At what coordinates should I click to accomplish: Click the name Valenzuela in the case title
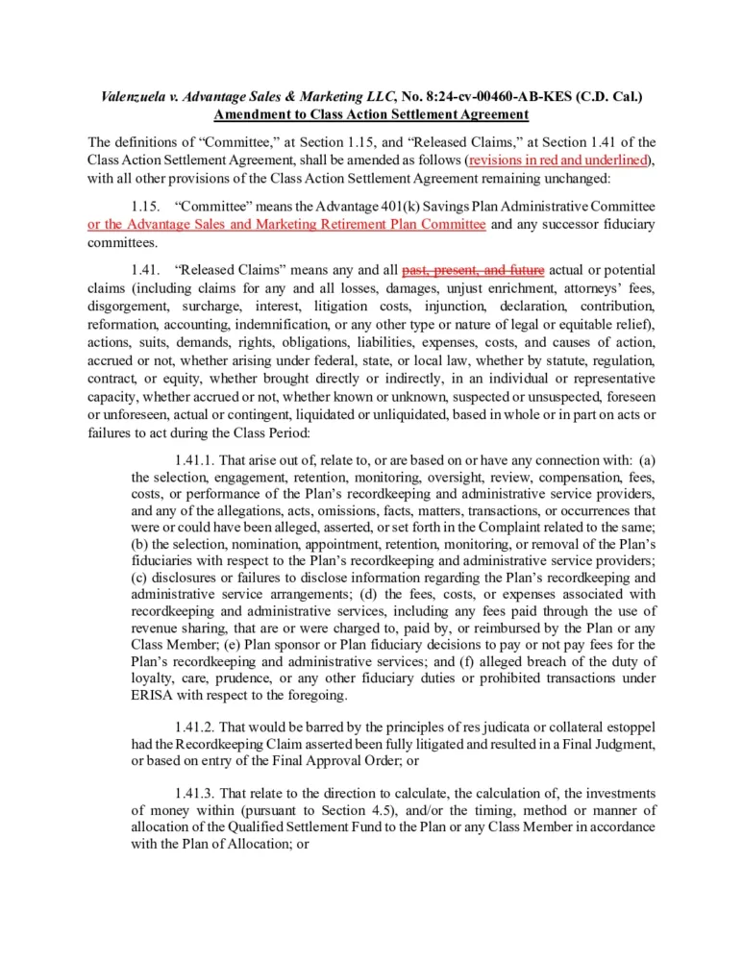click(136, 97)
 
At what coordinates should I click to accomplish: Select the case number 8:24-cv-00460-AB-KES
click(489, 97)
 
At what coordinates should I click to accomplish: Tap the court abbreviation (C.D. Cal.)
click(603, 97)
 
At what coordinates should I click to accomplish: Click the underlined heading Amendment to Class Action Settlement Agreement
click(371, 114)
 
